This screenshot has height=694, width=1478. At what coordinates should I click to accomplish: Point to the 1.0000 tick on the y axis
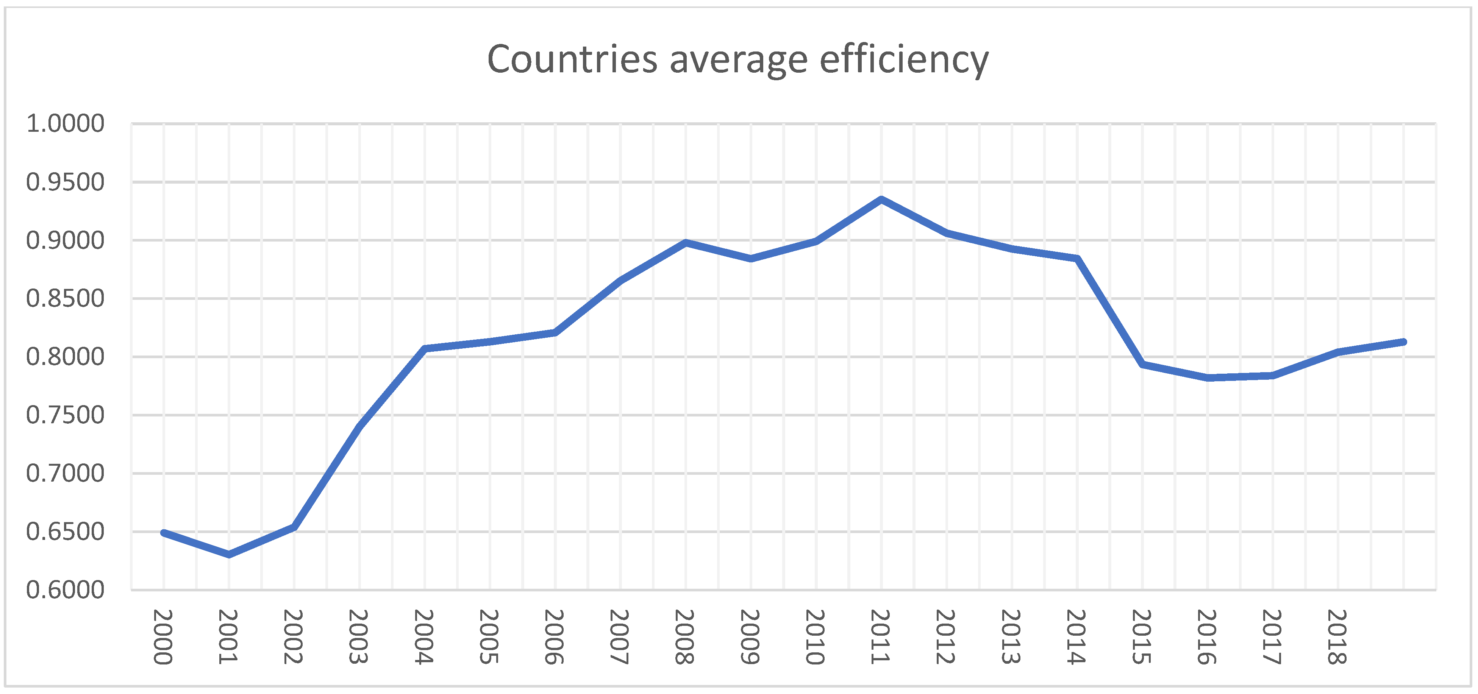[66, 124]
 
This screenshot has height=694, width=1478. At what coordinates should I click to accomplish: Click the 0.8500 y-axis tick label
[66, 299]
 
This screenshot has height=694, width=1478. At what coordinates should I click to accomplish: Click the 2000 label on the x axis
[163, 637]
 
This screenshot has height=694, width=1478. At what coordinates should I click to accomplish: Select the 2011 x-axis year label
[880, 637]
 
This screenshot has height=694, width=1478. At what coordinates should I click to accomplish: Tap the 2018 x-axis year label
[1337, 637]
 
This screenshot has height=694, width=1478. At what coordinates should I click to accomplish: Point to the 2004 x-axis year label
[423, 637]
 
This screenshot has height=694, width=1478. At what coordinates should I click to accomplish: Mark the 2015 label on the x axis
[1141, 637]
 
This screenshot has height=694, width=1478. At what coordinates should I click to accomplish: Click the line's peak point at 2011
[881, 200]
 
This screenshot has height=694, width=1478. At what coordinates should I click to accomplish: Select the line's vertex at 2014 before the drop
[1077, 259]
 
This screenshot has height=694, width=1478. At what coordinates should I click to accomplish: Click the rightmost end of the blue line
[1403, 342]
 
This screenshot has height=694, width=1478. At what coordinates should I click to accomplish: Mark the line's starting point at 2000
[164, 533]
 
